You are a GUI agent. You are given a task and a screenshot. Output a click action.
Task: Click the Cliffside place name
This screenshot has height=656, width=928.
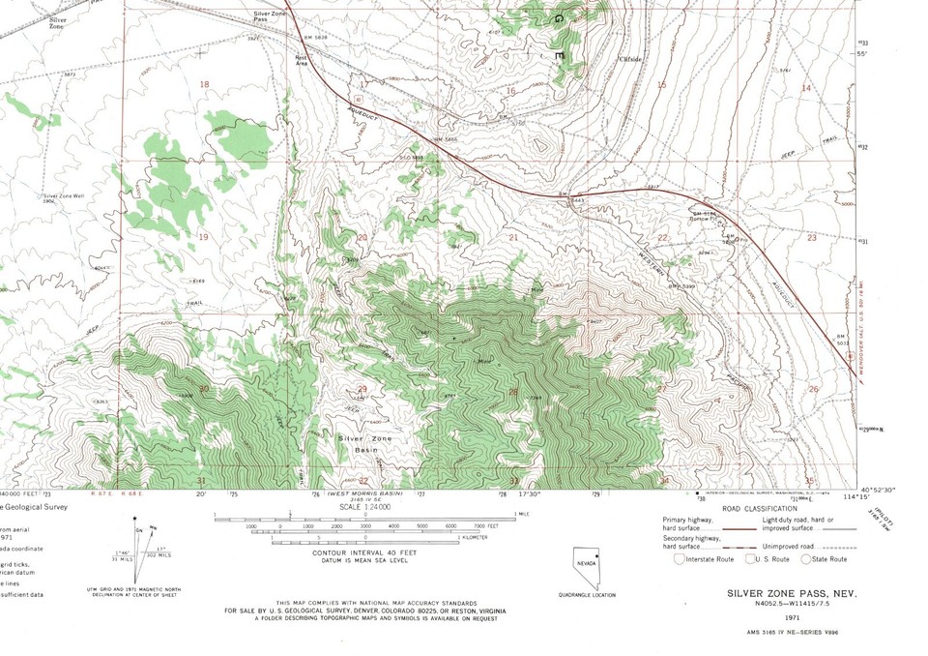630,58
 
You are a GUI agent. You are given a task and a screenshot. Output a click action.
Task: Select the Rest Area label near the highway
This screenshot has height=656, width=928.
300,85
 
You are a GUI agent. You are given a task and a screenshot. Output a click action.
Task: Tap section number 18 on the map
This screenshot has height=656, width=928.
204,85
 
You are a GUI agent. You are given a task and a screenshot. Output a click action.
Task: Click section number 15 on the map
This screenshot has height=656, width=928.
662,85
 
